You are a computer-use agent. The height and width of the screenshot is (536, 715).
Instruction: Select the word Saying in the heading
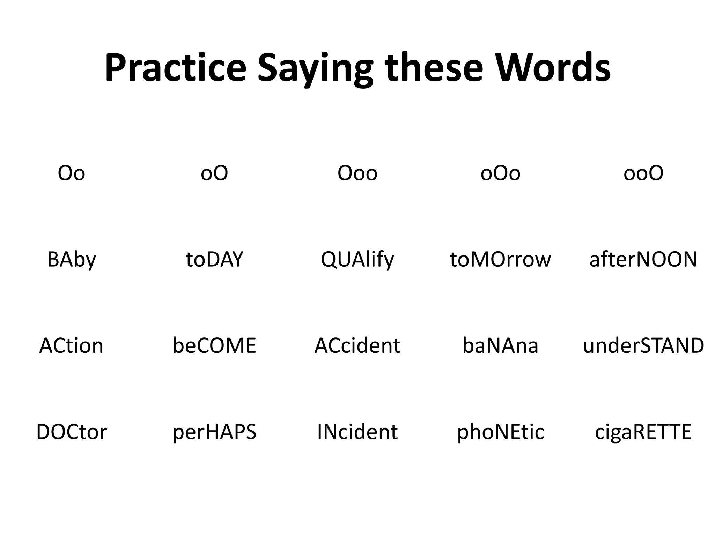[x=315, y=70]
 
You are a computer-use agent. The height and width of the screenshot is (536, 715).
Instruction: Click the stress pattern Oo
[x=71, y=173]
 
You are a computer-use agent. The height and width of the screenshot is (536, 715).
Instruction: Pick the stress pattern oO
[x=214, y=173]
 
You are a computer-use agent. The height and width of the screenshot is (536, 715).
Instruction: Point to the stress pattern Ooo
[x=357, y=173]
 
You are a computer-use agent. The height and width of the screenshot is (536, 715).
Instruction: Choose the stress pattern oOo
[x=500, y=173]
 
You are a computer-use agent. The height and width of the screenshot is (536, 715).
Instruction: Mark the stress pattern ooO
[x=643, y=173]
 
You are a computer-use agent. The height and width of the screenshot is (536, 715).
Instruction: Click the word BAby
[x=71, y=260]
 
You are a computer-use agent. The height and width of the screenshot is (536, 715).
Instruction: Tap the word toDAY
[x=214, y=260]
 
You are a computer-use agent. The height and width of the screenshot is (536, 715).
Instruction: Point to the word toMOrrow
[x=500, y=260]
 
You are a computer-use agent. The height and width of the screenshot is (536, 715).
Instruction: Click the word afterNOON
[x=643, y=260]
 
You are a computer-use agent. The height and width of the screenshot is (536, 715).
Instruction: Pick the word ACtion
[x=71, y=346]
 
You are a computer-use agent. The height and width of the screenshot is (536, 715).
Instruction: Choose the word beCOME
[x=214, y=346]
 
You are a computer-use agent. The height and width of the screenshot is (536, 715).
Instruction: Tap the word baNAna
[x=500, y=346]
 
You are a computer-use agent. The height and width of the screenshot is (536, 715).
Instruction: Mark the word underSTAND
[x=643, y=346]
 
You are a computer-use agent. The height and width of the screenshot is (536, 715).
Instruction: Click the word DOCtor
[x=71, y=432]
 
